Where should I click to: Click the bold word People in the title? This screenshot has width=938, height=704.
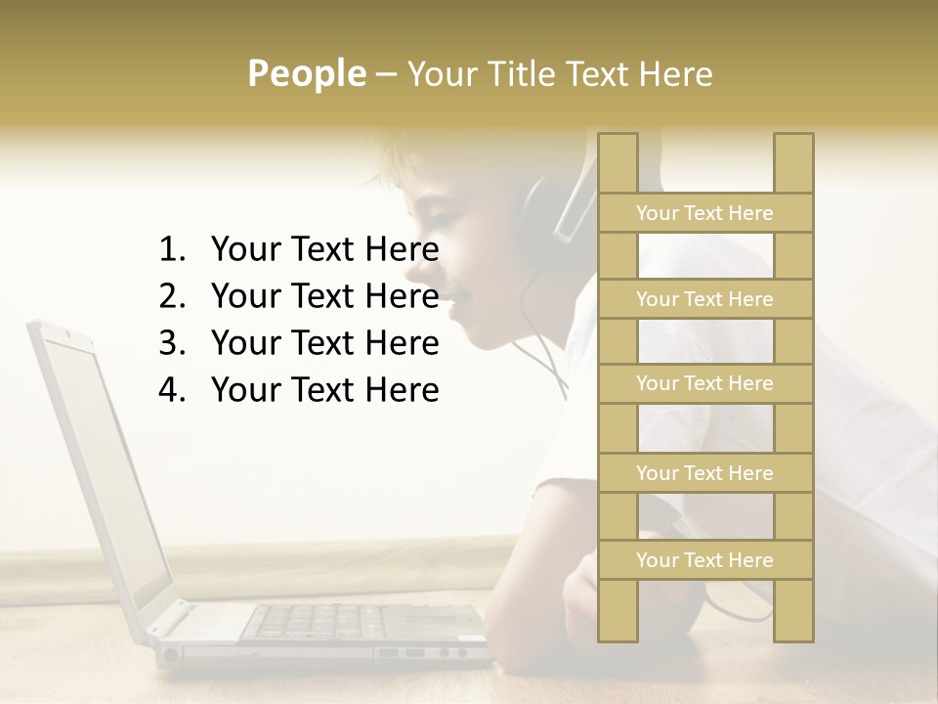tap(306, 73)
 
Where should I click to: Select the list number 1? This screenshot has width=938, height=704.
tap(172, 250)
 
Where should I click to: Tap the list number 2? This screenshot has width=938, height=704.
tap(172, 296)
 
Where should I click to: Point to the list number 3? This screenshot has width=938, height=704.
tap(172, 343)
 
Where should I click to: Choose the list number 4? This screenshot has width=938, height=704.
tap(172, 390)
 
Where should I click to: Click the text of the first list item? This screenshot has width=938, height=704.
tap(324, 250)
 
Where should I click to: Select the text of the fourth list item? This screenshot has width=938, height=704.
tap(324, 390)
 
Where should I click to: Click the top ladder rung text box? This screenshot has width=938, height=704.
tap(704, 213)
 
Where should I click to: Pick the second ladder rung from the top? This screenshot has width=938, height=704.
tap(704, 299)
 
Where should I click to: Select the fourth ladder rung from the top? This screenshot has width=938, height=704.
tap(704, 473)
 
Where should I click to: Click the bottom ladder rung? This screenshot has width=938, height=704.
tap(704, 560)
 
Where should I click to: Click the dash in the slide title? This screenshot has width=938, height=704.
tap(385, 74)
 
